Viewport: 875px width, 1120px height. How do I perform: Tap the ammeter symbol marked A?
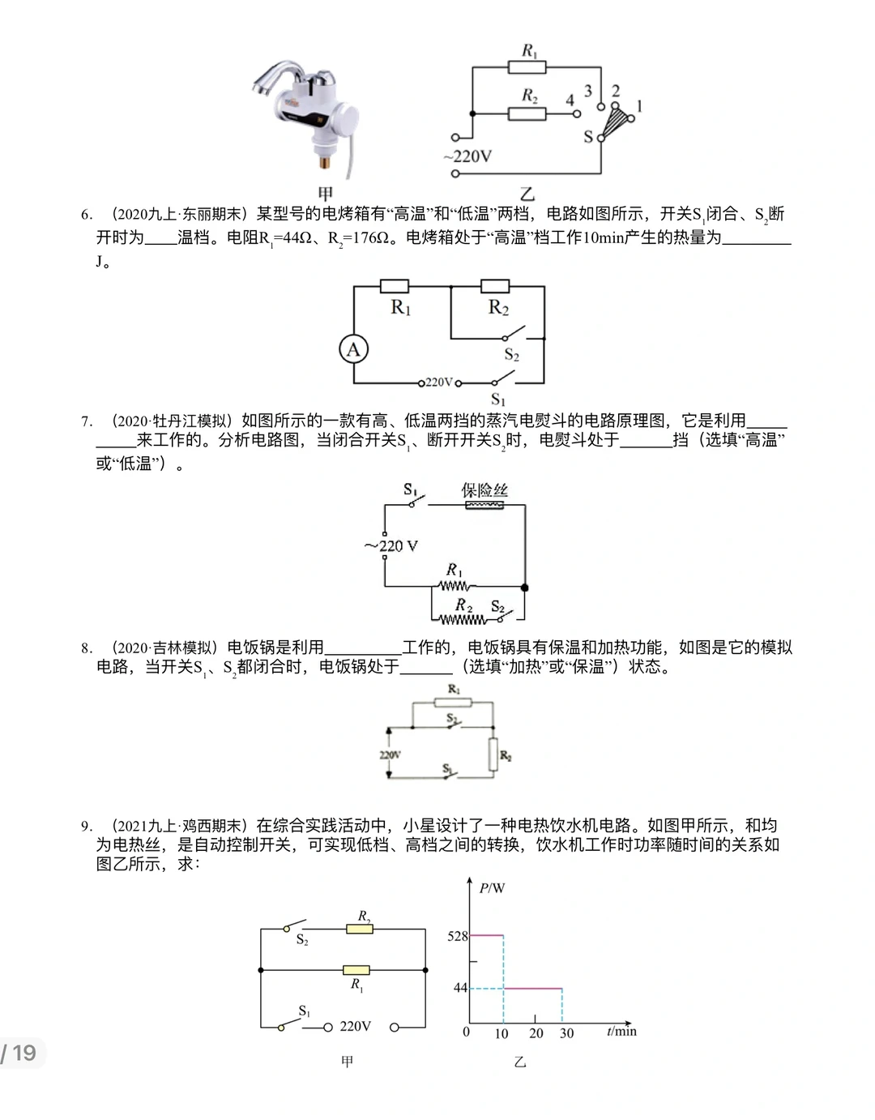[x=353, y=349]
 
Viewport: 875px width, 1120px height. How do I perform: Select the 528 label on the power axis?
[x=458, y=936]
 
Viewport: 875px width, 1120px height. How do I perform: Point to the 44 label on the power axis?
[x=460, y=988]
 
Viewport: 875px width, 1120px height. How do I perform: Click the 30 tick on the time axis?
[x=566, y=1033]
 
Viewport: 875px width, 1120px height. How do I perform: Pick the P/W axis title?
[x=492, y=888]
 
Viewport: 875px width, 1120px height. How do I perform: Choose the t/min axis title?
[x=621, y=1031]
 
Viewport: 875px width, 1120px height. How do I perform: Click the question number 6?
[x=87, y=215]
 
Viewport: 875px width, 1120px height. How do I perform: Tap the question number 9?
[x=87, y=827]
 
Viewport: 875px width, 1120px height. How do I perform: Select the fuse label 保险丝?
[x=484, y=489]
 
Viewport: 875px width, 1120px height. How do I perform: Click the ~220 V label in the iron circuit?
[x=391, y=546]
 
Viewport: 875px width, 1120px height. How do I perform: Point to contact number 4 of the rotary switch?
[x=570, y=100]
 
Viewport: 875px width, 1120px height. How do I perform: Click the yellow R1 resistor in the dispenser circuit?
[x=356, y=970]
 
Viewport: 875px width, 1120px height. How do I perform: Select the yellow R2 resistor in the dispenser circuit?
[x=360, y=929]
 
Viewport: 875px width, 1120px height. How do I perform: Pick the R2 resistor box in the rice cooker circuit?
[x=492, y=755]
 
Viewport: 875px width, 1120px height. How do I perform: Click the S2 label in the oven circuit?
[x=511, y=355]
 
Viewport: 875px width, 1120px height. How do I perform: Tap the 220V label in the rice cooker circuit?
[x=390, y=755]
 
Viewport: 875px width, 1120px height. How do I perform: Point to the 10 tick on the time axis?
[x=502, y=1033]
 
